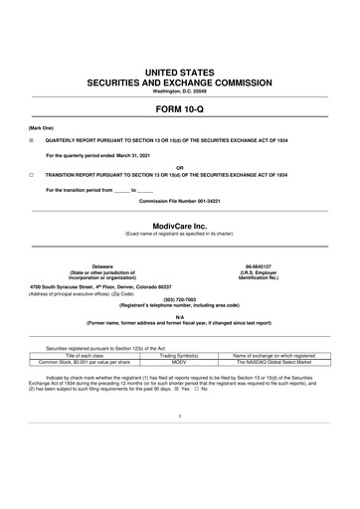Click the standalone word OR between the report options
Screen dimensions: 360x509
[x=180, y=166]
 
